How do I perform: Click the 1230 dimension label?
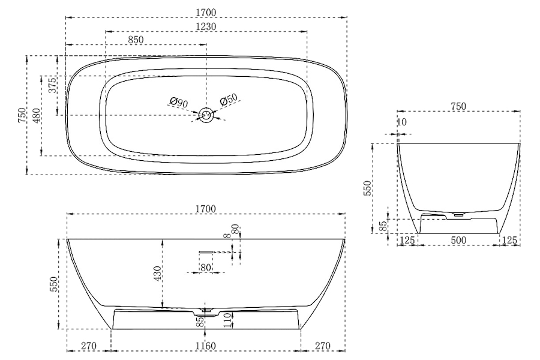[206, 26]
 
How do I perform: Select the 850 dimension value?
[136, 40]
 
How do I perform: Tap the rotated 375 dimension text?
[52, 85]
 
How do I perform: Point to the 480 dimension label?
[37, 116]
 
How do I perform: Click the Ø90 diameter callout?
[179, 103]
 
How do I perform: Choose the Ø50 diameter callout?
[229, 100]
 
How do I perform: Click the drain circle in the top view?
[206, 115]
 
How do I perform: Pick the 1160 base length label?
[206, 346]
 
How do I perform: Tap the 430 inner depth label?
[157, 274]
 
